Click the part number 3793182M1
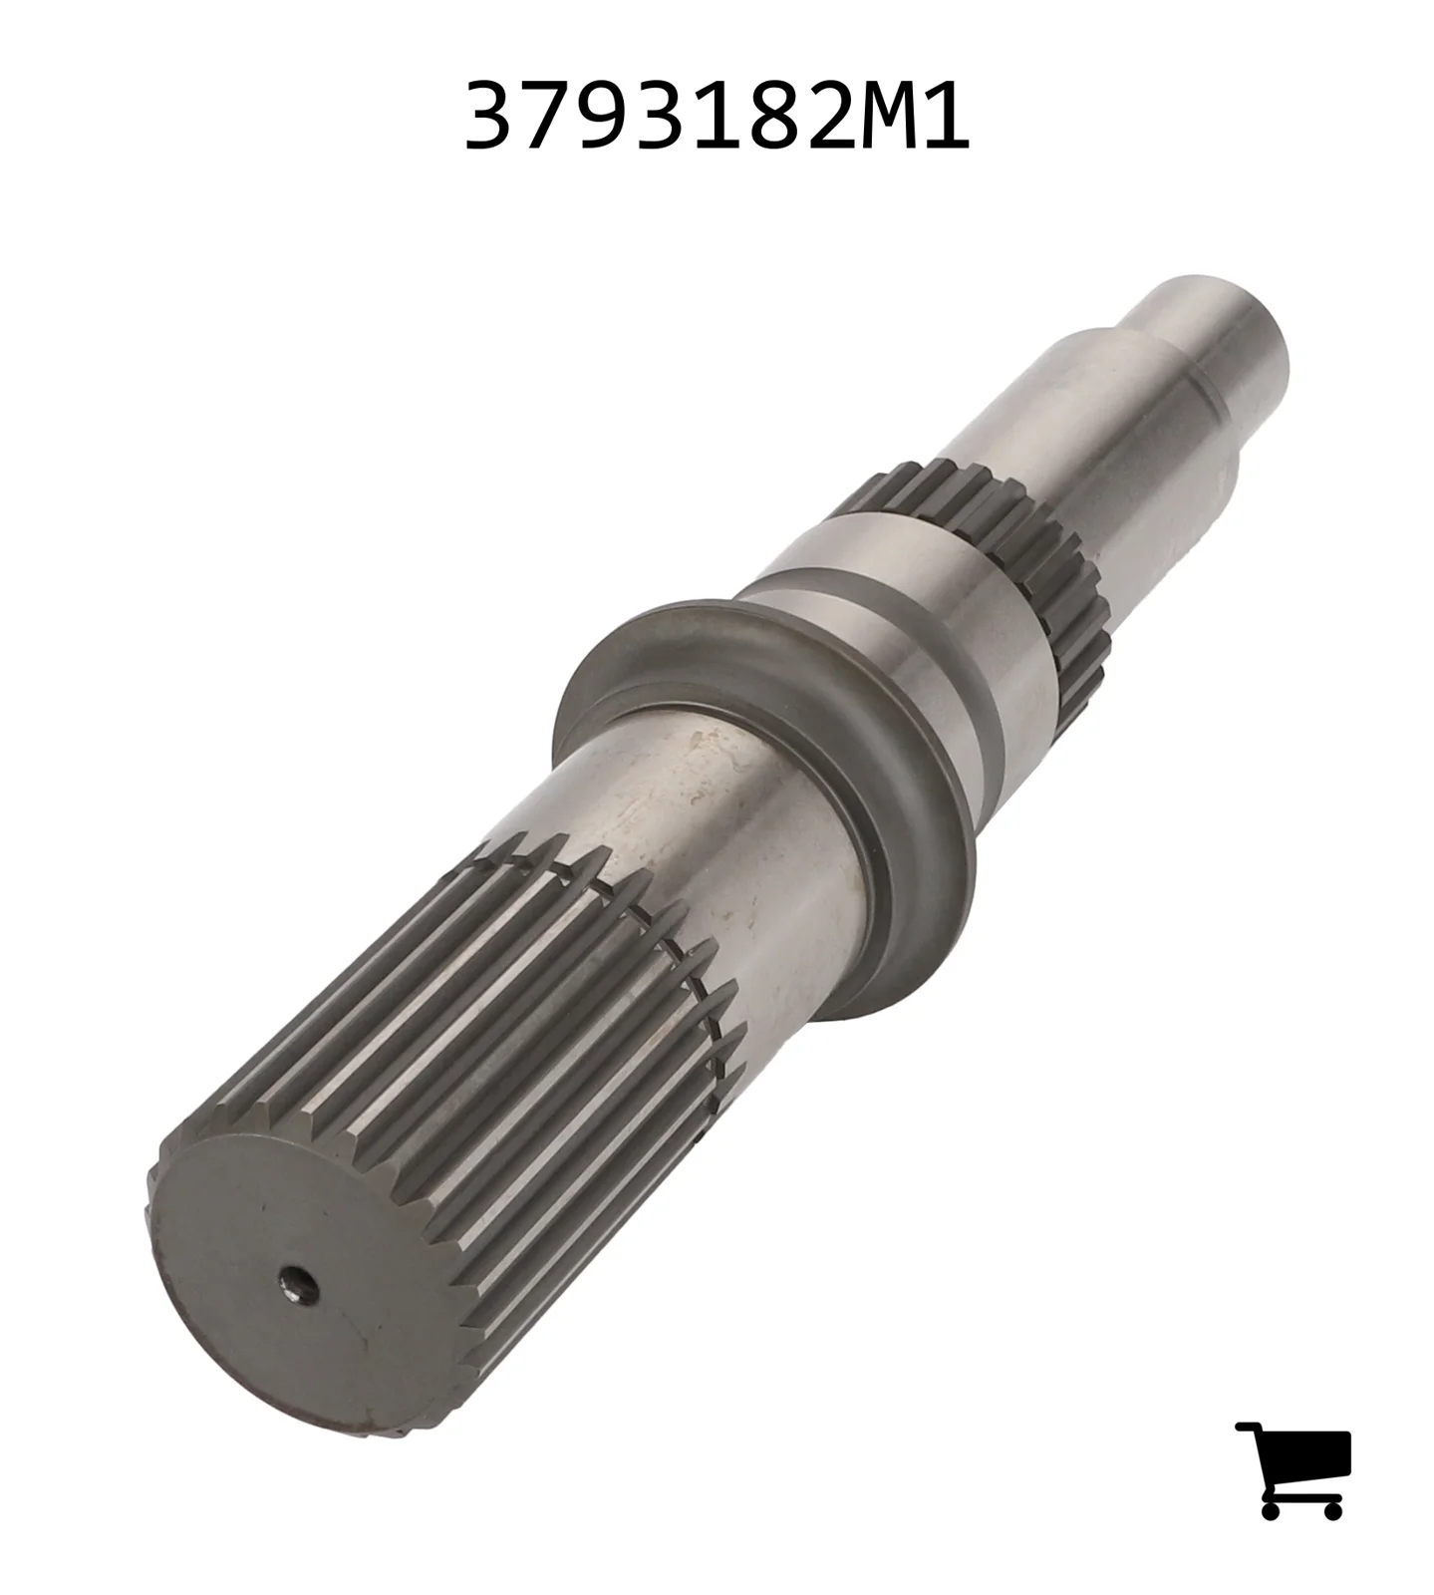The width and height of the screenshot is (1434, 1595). pos(717,117)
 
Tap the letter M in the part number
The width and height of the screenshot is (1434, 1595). pos(876,117)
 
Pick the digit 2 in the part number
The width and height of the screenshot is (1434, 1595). pos(812,117)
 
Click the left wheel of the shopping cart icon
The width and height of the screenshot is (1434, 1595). pos(1271,1509)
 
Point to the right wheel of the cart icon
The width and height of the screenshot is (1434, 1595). pos(1331,1509)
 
